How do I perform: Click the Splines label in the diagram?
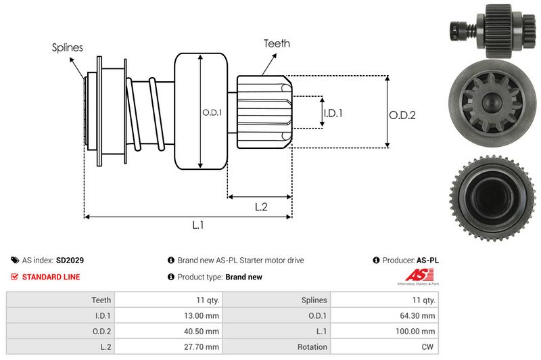pos(68,47)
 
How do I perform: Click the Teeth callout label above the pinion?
pos(277,43)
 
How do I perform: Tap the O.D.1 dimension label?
pos(212,112)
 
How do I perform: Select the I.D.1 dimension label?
pos(333,113)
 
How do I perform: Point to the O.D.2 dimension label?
pos(402,115)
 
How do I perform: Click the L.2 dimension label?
pos(262,208)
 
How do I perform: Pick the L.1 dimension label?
pos(198,225)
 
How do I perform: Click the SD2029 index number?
pos(70,260)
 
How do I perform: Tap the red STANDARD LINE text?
pos(51,277)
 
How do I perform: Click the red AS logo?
pos(414,275)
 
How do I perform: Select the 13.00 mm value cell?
pos(203,315)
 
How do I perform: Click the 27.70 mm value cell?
pos(203,346)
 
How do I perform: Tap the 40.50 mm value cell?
pos(203,331)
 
